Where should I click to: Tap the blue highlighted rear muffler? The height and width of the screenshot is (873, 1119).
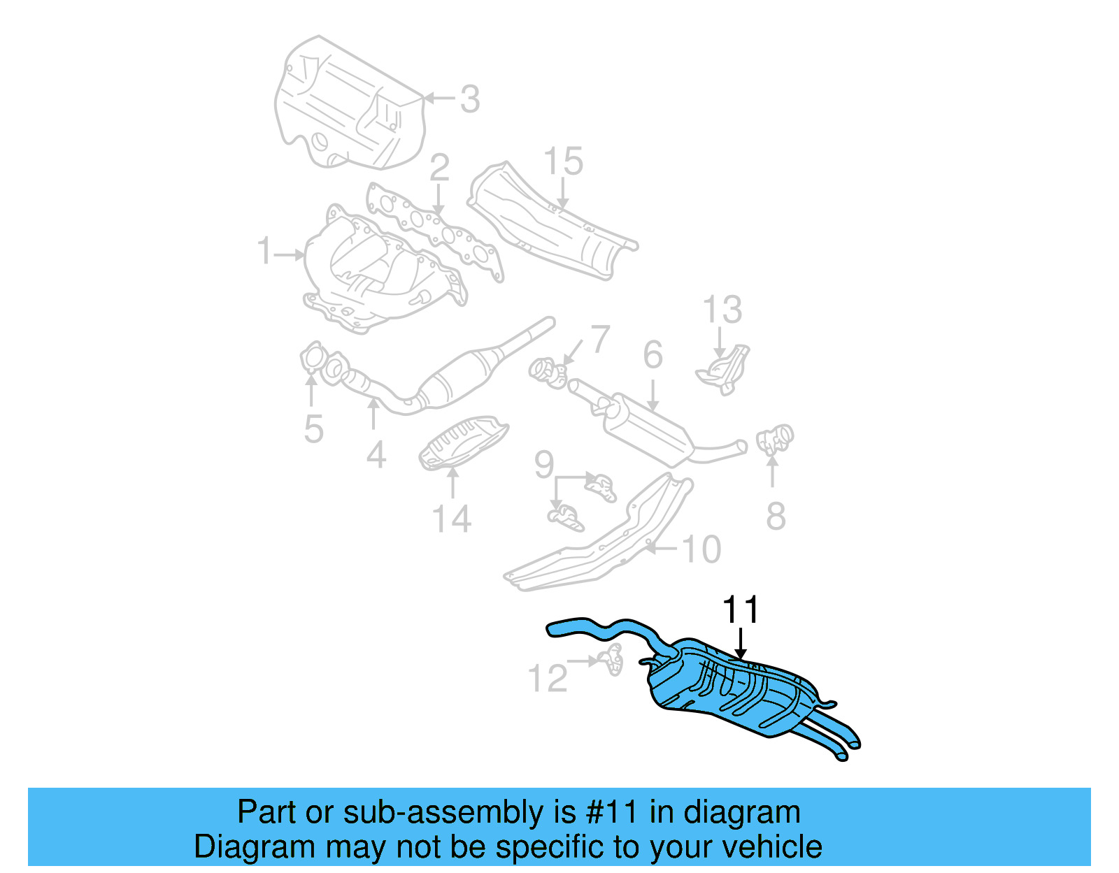(727, 688)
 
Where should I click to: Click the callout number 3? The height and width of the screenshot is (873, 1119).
(470, 99)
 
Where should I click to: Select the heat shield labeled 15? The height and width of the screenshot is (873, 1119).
(553, 224)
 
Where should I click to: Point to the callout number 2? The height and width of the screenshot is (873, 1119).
(439, 168)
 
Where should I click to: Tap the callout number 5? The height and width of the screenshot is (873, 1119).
(313, 428)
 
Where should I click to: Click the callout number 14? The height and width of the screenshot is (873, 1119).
(452, 519)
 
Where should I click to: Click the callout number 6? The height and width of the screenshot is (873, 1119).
(653, 355)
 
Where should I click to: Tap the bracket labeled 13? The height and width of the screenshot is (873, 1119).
(724, 368)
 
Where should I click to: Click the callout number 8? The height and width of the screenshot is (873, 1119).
(776, 516)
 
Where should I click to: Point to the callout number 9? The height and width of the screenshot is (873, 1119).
(544, 464)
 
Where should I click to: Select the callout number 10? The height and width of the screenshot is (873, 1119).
(701, 549)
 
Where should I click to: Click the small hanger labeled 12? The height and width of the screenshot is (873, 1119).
(612, 659)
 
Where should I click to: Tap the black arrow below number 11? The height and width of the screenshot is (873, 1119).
(741, 643)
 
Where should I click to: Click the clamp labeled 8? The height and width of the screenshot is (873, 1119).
(775, 439)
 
